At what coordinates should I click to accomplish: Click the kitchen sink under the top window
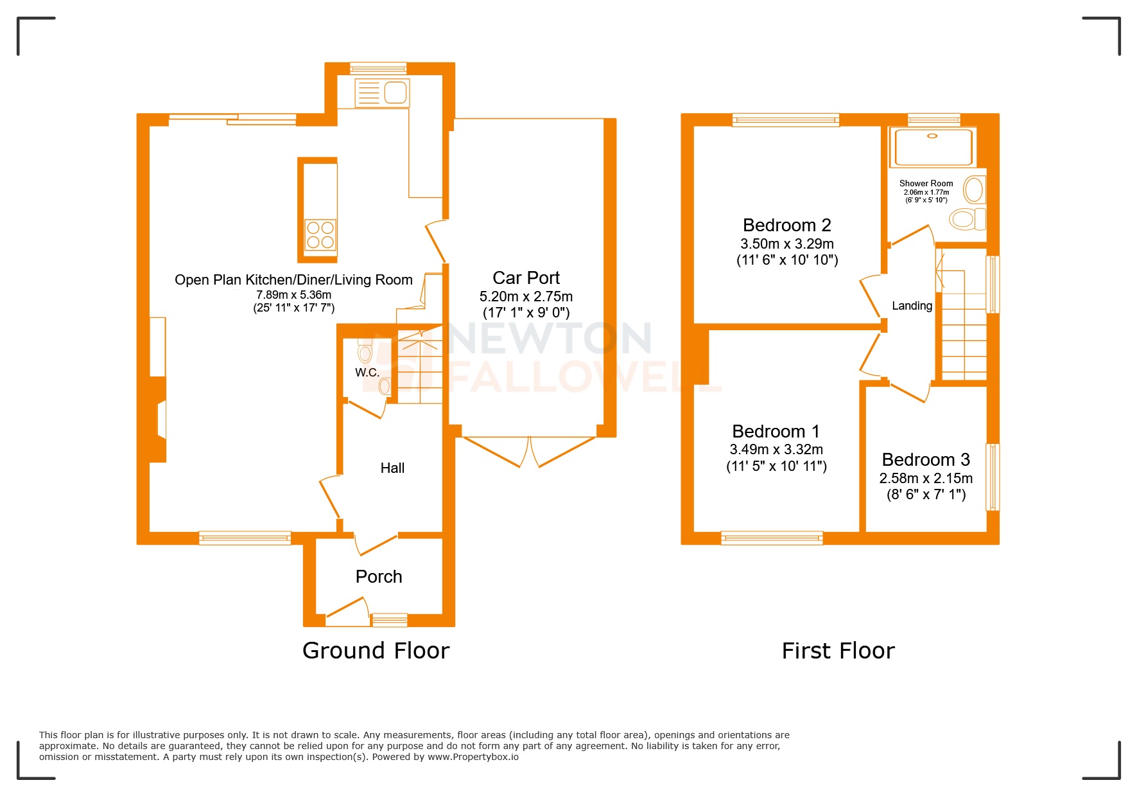[383, 93]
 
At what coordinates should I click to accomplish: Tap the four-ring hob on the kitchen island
[320, 234]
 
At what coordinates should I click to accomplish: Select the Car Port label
[526, 278]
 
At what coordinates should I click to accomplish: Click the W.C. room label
[367, 372]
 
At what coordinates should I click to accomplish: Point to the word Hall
[392, 468]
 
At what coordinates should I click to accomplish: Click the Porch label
[379, 576]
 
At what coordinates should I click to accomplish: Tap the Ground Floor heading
[376, 650]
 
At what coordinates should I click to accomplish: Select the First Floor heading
[838, 650]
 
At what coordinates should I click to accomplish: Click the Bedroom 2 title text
[786, 225]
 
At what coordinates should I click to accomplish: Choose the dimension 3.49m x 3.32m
[776, 449]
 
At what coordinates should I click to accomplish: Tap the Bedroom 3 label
[925, 459]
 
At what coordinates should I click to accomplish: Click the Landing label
[912, 306]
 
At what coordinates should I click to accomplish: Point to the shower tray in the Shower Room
[932, 147]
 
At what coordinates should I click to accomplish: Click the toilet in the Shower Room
[966, 218]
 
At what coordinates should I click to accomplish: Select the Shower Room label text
[926, 183]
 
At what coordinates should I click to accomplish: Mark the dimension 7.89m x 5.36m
[293, 295]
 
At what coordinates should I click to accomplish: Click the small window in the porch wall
[390, 620]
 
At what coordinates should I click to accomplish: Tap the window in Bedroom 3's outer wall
[993, 477]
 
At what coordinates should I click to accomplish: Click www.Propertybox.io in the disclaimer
[473, 757]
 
